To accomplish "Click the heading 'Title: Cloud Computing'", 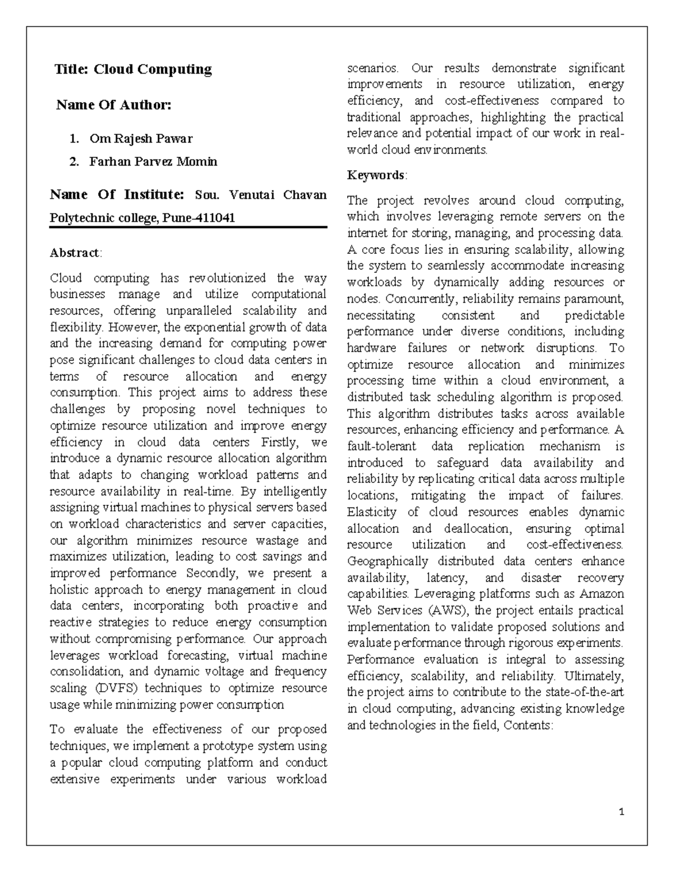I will click(133, 70).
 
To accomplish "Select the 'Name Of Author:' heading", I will click(113, 105).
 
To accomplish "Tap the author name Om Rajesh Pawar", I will click(141, 138).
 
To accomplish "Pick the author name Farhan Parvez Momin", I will click(153, 162).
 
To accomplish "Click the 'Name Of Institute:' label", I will click(117, 195).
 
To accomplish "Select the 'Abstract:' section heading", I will click(76, 253).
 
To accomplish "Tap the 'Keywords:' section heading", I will click(377, 175).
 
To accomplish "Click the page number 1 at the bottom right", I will click(621, 812).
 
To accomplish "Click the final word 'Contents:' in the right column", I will click(529, 725).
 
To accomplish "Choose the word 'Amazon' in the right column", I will click(602, 594).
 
